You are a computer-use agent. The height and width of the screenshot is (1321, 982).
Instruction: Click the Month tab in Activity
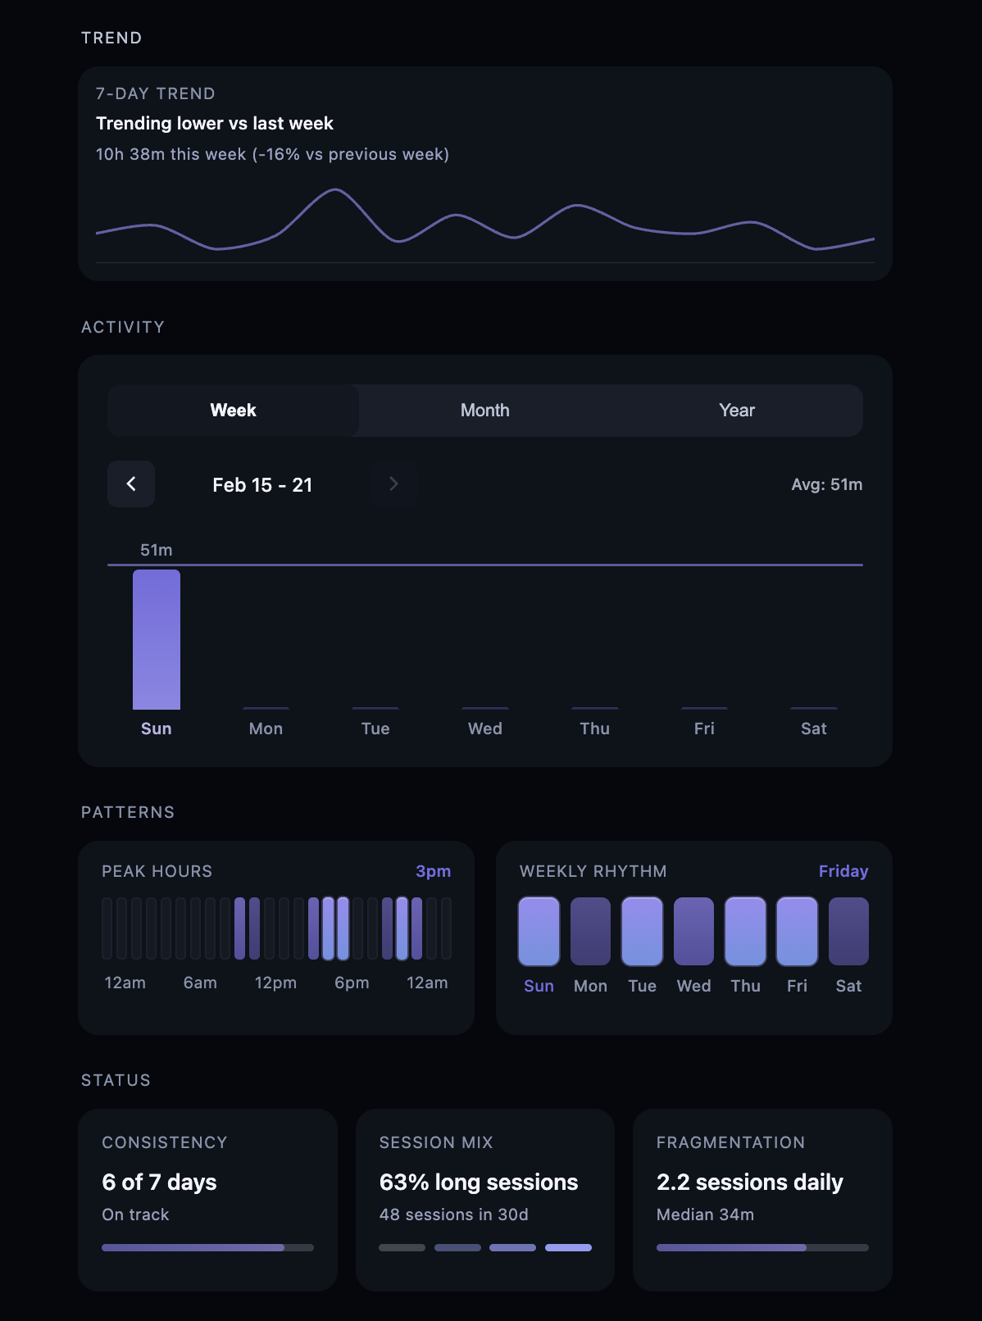(484, 411)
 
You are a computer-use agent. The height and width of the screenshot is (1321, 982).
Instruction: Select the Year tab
(736, 411)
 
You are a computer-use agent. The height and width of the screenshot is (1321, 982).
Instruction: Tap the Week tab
(234, 411)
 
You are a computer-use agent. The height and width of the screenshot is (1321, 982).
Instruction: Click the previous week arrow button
(131, 484)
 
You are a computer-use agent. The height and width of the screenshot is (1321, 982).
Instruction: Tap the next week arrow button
(393, 484)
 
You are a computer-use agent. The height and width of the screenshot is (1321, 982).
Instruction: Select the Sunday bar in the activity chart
(157, 639)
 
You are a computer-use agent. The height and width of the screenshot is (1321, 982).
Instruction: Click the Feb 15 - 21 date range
(262, 485)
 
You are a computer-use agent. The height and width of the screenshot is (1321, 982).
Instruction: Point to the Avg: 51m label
(826, 484)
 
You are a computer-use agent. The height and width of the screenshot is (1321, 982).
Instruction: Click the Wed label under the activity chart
(484, 729)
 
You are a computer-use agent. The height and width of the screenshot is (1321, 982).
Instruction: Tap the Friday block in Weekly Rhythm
(797, 931)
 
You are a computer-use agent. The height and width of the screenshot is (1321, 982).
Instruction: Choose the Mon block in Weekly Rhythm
(590, 931)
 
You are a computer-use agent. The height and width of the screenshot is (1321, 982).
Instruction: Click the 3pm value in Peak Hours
(433, 871)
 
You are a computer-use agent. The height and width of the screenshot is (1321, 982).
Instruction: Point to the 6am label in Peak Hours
(200, 983)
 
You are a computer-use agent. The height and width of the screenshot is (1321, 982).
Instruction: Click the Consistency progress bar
(207, 1247)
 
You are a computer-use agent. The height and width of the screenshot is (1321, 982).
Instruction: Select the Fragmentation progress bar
(762, 1247)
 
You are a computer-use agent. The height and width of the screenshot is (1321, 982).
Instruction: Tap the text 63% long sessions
(479, 1182)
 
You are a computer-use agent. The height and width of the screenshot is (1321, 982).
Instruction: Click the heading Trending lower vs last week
(215, 124)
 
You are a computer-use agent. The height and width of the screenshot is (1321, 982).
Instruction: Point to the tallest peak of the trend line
(335, 190)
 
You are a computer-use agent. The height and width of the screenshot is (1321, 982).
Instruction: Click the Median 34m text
(705, 1214)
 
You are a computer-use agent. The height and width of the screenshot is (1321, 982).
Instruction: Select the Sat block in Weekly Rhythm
(848, 931)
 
